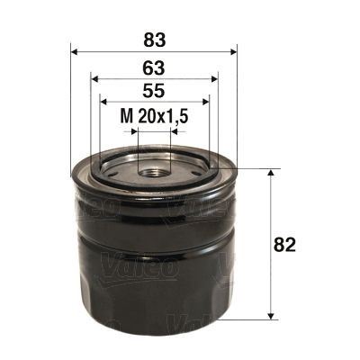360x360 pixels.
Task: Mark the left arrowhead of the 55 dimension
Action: click(103, 103)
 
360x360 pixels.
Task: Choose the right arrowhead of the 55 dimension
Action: click(204, 103)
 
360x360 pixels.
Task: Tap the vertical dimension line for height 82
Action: click(271, 270)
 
